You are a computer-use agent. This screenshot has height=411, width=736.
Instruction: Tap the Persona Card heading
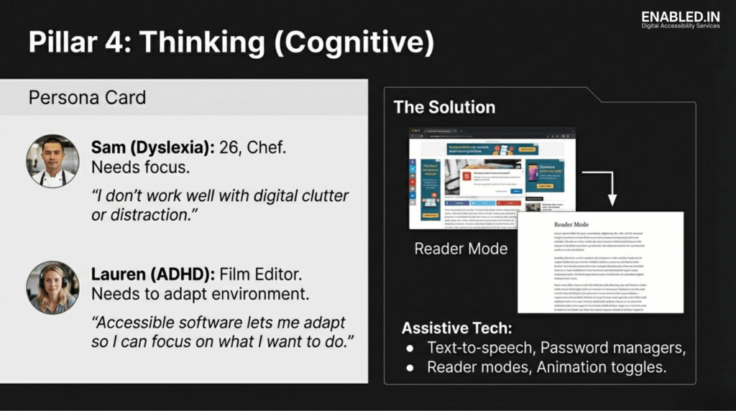coord(87,98)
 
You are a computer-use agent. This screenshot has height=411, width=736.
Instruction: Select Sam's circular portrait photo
coord(52,161)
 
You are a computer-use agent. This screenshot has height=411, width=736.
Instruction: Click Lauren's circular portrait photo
coord(52,287)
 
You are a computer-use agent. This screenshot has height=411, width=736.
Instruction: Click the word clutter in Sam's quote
coord(321,195)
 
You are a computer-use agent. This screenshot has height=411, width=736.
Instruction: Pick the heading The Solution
coord(444,108)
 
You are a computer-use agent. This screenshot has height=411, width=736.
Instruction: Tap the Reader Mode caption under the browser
coord(461,249)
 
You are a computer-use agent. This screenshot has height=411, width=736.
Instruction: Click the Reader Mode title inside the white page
coord(571,224)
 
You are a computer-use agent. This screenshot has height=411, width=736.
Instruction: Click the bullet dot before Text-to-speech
coord(410,348)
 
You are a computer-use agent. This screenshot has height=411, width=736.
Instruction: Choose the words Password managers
coord(613,348)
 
